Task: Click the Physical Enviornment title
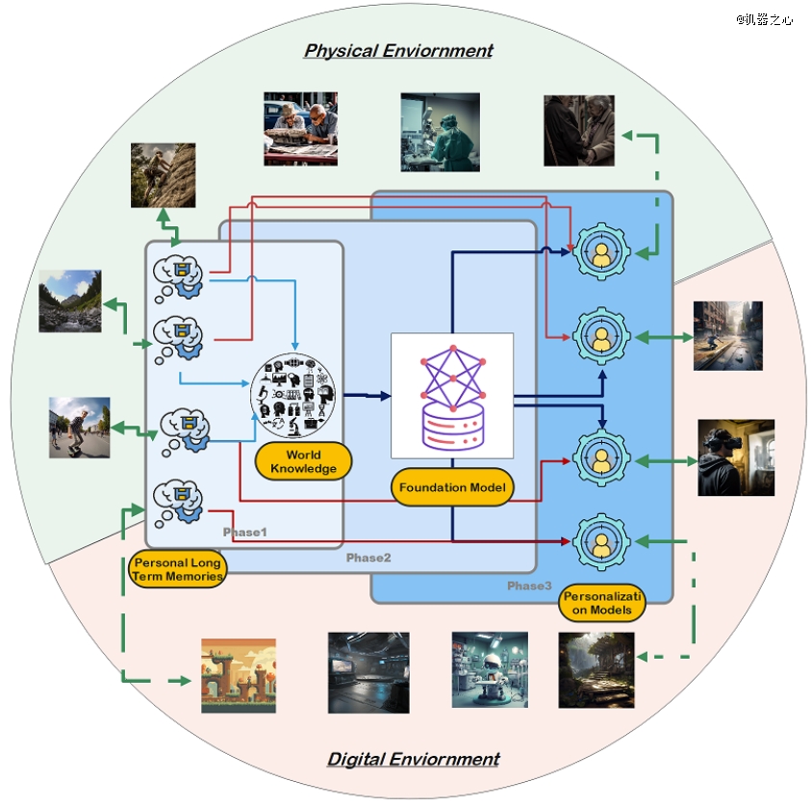[x=398, y=50]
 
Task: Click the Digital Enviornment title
[x=414, y=759]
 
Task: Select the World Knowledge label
[x=303, y=461]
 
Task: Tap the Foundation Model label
[x=453, y=487]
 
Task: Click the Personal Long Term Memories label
[x=177, y=569]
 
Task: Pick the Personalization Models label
[x=603, y=603]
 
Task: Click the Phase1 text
[x=244, y=533]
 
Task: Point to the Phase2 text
[x=368, y=558]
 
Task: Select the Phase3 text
[x=529, y=586]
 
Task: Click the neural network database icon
[x=452, y=395]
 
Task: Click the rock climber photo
[x=164, y=174]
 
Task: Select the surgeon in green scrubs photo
[x=440, y=132]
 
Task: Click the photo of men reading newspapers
[x=300, y=129]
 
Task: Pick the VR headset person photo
[x=736, y=457]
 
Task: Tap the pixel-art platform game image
[x=239, y=675]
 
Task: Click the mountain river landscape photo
[x=70, y=300]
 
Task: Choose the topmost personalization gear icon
[x=601, y=252]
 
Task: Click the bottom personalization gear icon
[x=601, y=541]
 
